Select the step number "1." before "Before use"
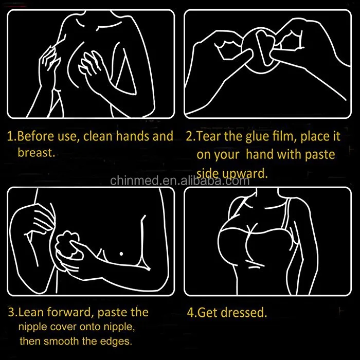[11, 137]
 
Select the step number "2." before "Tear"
[190, 137]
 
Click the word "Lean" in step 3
[34, 312]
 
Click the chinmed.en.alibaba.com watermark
[180, 181]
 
